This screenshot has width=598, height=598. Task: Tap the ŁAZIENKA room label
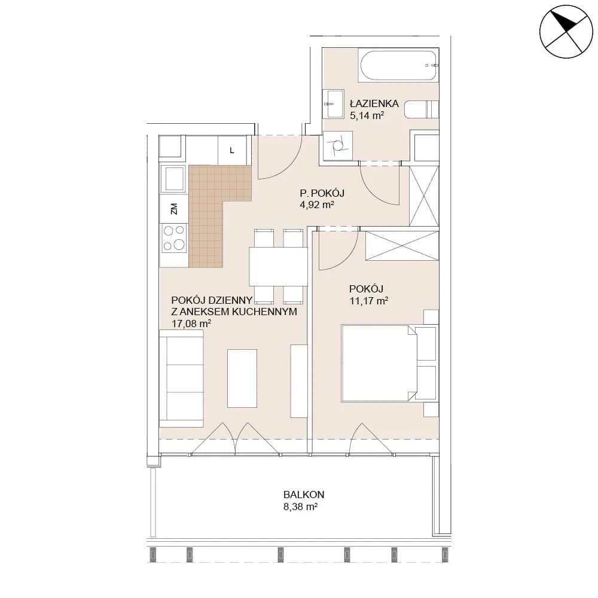[x=374, y=103]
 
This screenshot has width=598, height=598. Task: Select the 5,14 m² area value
[x=367, y=115]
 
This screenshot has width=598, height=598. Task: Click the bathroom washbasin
[x=333, y=103]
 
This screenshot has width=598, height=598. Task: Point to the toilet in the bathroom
[x=422, y=109]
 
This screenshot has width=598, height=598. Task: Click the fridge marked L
[x=232, y=150]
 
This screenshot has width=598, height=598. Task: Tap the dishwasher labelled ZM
[x=174, y=209]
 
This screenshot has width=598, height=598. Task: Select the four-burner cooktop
[x=174, y=237]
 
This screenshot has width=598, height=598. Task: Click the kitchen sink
[x=174, y=179]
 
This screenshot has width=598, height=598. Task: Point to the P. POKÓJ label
[x=322, y=193]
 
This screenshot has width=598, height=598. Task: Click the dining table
[x=279, y=266]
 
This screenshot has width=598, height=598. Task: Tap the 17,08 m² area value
[x=191, y=324]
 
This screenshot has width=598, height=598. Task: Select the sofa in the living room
[x=181, y=379]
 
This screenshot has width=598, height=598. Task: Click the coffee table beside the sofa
[x=242, y=379]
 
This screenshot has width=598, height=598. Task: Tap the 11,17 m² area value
[x=369, y=301]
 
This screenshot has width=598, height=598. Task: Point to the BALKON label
[x=304, y=495]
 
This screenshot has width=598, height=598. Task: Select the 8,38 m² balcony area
[x=301, y=507]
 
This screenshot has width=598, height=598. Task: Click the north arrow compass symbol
[x=566, y=32]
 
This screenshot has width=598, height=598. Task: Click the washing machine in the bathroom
[x=337, y=145]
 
